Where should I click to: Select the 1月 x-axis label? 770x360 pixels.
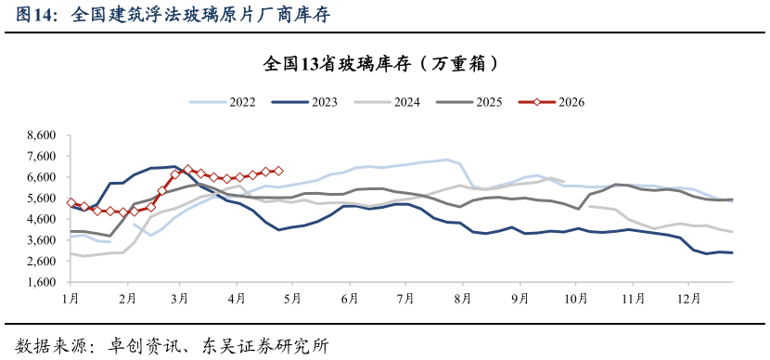click(x=71, y=299)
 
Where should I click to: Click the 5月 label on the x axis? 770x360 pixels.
click(x=293, y=299)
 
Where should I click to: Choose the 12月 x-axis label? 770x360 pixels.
click(x=689, y=299)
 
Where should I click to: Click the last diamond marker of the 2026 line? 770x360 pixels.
click(x=278, y=171)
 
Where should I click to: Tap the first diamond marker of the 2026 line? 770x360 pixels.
click(x=71, y=202)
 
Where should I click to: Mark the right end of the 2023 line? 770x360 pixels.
click(x=732, y=252)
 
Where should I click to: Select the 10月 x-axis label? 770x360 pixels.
click(x=576, y=299)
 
